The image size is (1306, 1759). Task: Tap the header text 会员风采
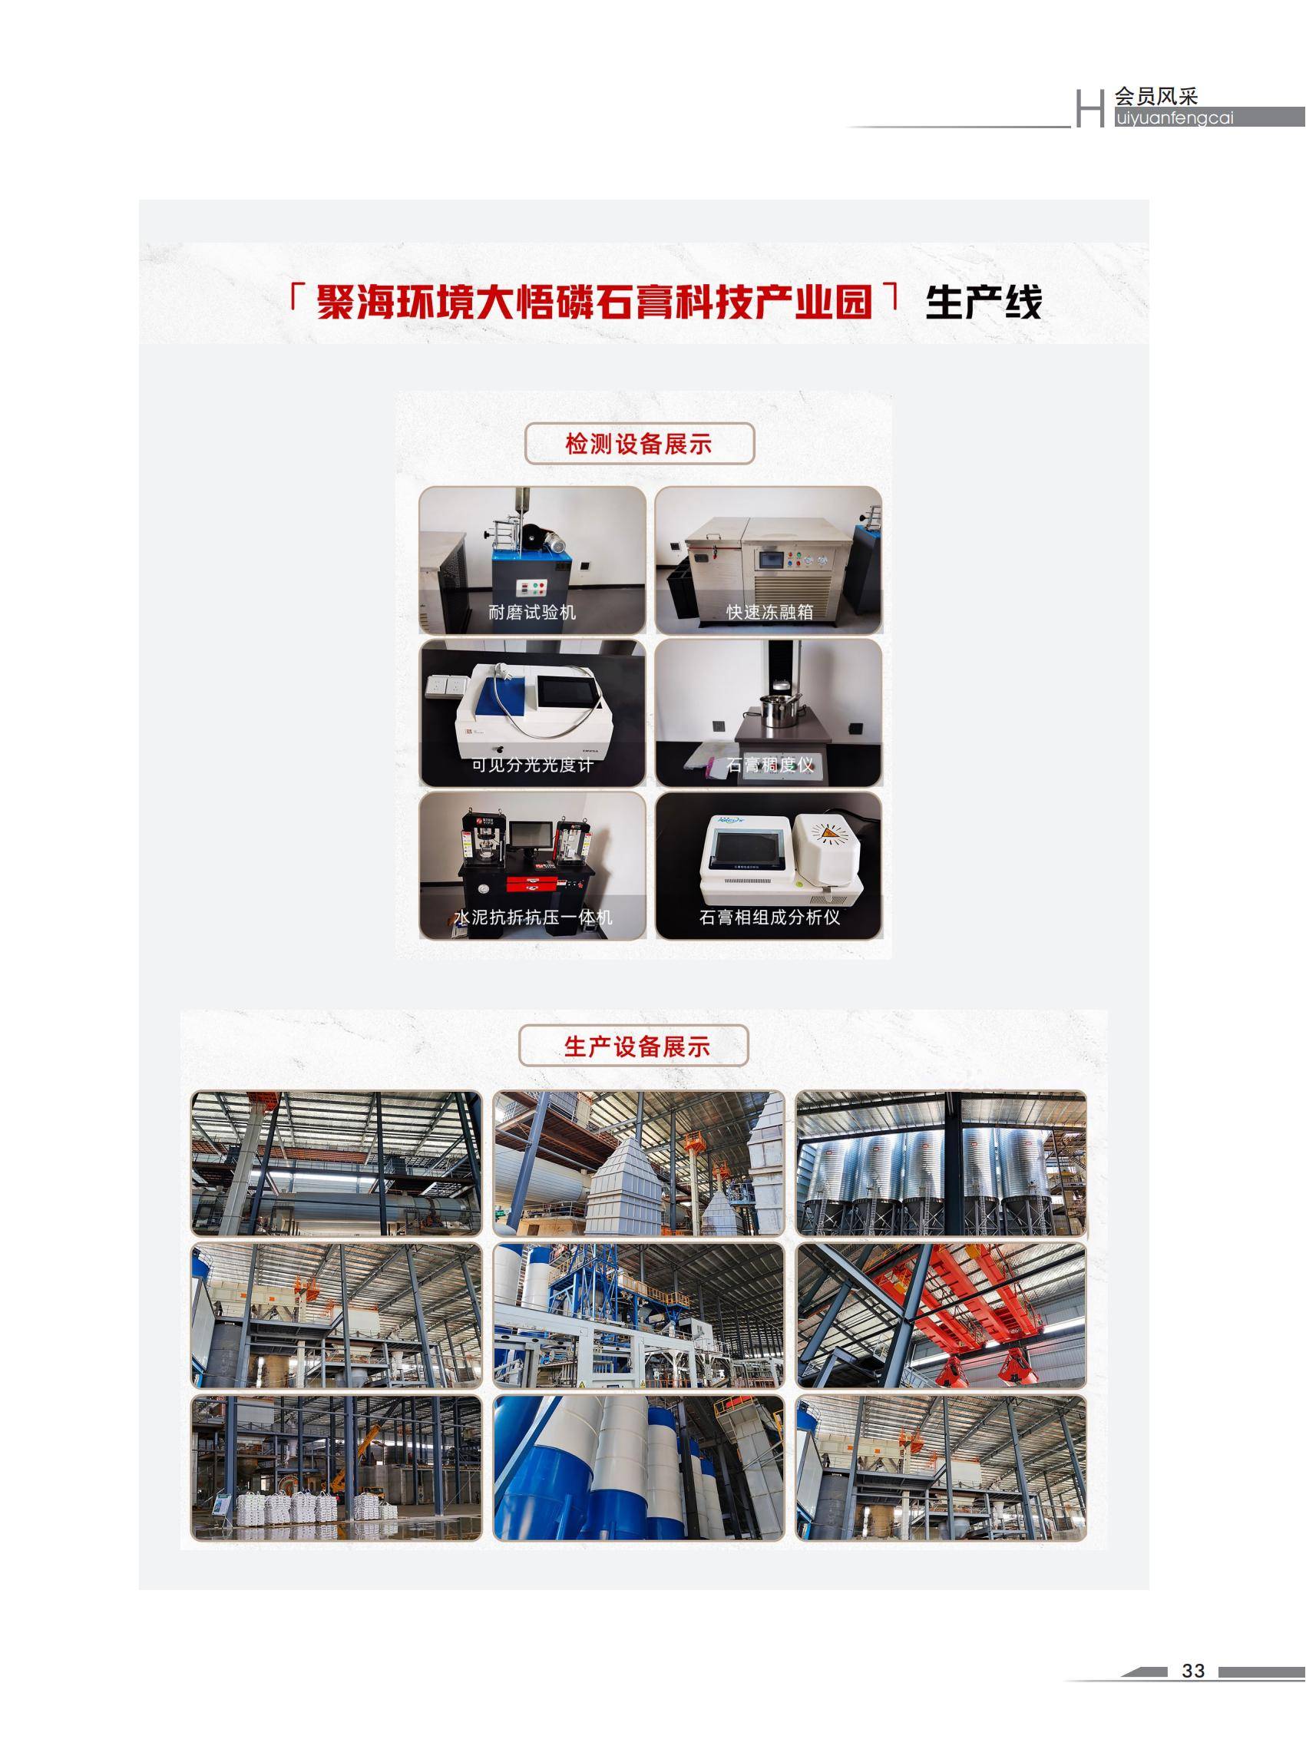pyautogui.click(x=1156, y=97)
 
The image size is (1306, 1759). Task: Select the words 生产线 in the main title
pyautogui.click(x=984, y=302)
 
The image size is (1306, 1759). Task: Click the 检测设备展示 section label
pyautogui.click(x=639, y=445)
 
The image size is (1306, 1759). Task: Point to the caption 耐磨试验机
pyautogui.click(x=532, y=612)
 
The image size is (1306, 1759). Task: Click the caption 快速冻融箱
pyautogui.click(x=769, y=612)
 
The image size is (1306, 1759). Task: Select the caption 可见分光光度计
pyautogui.click(x=532, y=765)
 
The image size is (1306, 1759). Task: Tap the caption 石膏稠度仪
pyautogui.click(x=769, y=765)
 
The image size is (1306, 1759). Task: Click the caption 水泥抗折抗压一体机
pyautogui.click(x=532, y=917)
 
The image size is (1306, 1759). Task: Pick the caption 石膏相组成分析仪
pyautogui.click(x=769, y=917)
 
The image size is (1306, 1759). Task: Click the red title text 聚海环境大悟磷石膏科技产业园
pyautogui.click(x=594, y=302)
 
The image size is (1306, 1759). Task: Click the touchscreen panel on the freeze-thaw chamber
pyautogui.click(x=770, y=559)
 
